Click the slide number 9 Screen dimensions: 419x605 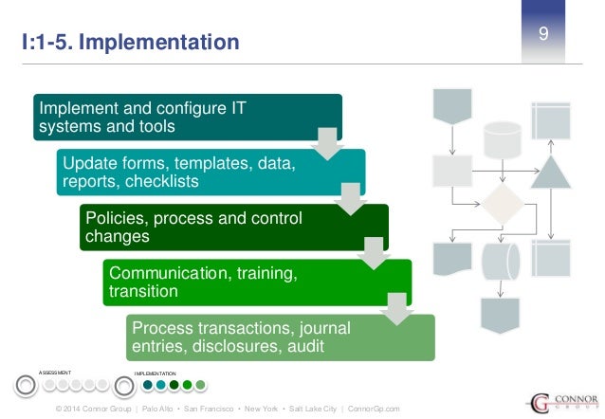[544, 35]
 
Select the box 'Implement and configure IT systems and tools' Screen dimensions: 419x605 [186, 117]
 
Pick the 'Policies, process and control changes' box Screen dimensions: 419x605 [232, 227]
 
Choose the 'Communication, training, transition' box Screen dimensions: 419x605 [256, 282]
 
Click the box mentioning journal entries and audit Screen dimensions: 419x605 [280, 337]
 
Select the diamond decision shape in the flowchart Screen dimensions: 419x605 [500, 205]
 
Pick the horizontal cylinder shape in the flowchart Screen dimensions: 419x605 [500, 259]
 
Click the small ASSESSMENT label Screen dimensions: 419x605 [55, 373]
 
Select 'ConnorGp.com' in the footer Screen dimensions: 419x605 [376, 408]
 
